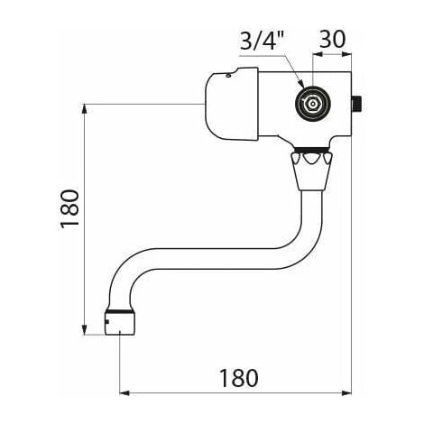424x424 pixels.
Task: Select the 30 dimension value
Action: click(330, 41)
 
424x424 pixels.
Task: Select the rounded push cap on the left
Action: click(229, 104)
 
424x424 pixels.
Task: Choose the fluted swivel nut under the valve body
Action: click(310, 169)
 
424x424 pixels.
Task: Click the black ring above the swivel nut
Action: click(311, 150)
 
